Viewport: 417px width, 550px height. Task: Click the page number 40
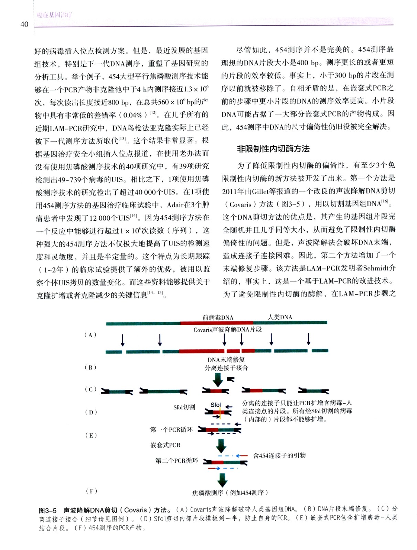[x=24, y=24]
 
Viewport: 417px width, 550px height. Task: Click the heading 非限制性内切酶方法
[x=273, y=149]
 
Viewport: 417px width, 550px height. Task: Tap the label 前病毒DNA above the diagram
[x=217, y=317]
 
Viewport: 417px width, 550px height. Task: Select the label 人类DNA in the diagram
[x=280, y=317]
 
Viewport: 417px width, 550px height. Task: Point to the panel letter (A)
[x=90, y=335]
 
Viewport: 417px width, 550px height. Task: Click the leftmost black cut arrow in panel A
[x=122, y=339]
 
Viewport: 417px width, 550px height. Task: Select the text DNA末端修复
[x=226, y=360]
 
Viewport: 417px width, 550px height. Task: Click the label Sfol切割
[x=184, y=407]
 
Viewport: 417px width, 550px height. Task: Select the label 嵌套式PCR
[x=165, y=445]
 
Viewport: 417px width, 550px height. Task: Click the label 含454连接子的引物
[x=279, y=455]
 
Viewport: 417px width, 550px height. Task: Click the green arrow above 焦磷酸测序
[x=222, y=479]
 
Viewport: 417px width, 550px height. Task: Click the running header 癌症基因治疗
[x=54, y=15]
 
